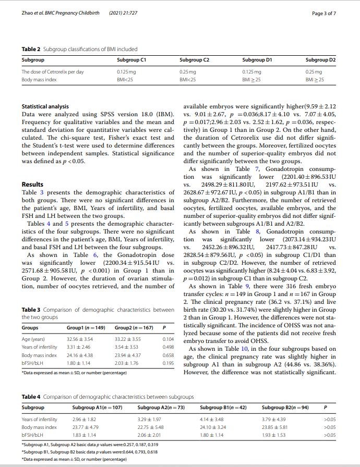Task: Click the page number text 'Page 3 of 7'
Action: coord(323,13)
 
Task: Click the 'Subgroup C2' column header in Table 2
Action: coord(195,60)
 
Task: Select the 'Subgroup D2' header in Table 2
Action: coord(320,60)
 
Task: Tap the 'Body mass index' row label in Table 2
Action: coord(39,80)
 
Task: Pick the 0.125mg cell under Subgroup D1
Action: coord(252,71)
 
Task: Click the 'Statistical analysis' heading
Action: coord(45,107)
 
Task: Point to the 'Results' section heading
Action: coord(32,185)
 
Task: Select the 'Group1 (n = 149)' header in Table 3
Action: coord(86,328)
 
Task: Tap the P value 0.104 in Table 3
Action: coord(169,339)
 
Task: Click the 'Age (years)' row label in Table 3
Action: coord(32,339)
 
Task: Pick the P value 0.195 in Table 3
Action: coord(169,363)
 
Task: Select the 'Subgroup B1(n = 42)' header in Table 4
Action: coord(223,407)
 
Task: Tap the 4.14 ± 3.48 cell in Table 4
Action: coord(212,419)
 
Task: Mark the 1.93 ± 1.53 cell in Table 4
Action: coord(273,435)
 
